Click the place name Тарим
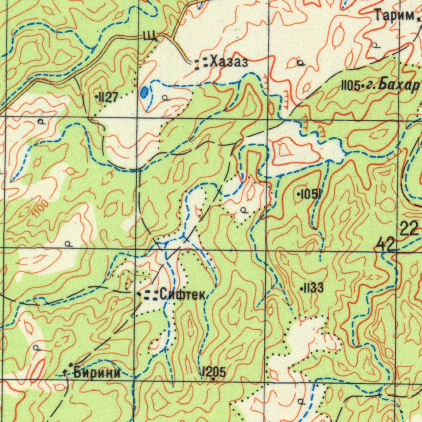[394, 16]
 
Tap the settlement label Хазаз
[229, 63]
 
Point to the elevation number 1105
[350, 86]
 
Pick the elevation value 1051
[311, 194]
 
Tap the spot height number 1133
[314, 288]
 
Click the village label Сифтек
[182, 294]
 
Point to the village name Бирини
[97, 373]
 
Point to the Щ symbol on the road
[150, 36]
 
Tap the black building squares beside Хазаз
[201, 63]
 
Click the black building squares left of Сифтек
[152, 294]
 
